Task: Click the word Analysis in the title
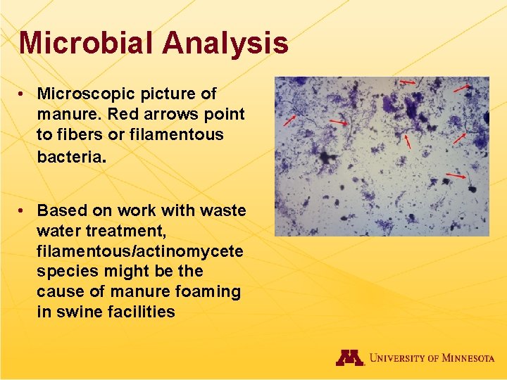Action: [225, 43]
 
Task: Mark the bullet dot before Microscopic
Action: [23, 94]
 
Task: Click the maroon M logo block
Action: [349, 357]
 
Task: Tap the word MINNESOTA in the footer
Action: [468, 358]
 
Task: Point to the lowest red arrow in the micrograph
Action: [456, 175]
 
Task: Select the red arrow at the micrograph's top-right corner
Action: [462, 88]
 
